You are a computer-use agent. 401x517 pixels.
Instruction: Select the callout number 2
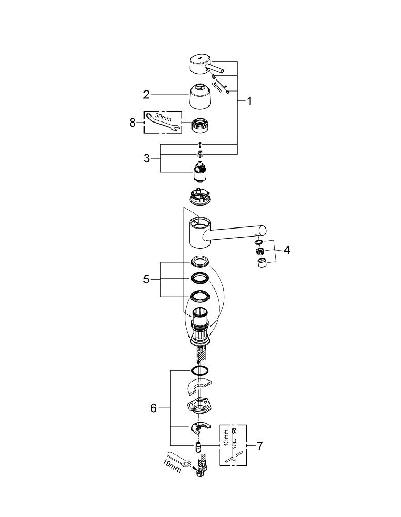[x=146, y=94]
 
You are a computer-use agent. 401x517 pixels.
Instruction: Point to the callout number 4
[x=286, y=250]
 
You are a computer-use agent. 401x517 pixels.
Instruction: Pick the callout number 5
[x=146, y=279]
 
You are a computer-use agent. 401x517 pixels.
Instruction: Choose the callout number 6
[x=153, y=408]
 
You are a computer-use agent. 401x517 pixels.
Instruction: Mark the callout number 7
[x=259, y=446]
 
